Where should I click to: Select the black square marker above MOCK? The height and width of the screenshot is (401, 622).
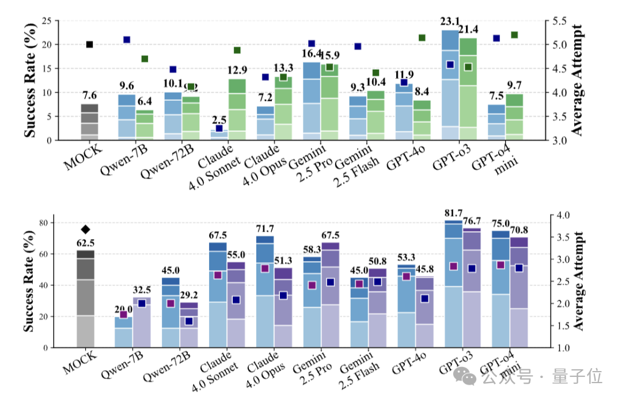(x=89, y=44)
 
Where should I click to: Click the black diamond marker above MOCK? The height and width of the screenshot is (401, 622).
(x=86, y=229)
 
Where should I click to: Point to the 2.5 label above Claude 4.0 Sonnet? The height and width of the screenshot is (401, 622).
(x=220, y=119)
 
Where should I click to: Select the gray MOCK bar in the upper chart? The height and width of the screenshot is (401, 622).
(x=89, y=122)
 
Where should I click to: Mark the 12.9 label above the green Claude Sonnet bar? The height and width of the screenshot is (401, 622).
(x=237, y=70)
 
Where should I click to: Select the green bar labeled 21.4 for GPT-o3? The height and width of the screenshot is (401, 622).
(x=468, y=89)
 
